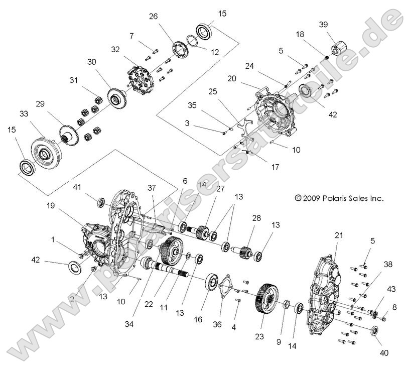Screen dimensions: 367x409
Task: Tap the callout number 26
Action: (154, 17)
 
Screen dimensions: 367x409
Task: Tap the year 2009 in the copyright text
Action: (310, 198)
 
